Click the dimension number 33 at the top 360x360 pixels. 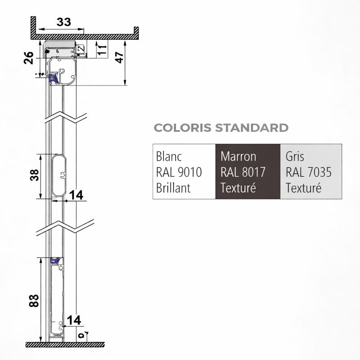[x=63, y=22]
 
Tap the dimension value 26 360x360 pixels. [x=29, y=58]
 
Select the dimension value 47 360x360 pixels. [x=119, y=58]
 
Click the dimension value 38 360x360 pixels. [x=35, y=175]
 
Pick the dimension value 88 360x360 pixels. [x=34, y=301]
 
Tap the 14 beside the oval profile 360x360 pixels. [x=76, y=195]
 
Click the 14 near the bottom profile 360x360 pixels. [x=74, y=320]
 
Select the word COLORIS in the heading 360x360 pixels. [x=183, y=128]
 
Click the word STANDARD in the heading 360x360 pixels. [x=252, y=128]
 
